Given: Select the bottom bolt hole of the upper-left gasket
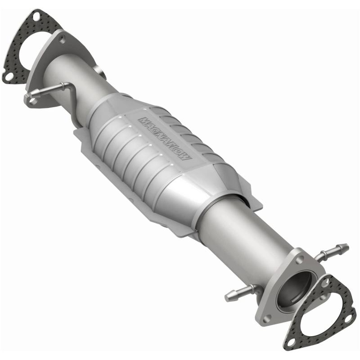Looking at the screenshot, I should tap(8, 76).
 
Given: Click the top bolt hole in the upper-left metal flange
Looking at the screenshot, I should tap(62, 39).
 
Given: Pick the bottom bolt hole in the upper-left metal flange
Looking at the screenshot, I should tap(33, 100).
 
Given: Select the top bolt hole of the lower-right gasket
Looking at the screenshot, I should tap(325, 283).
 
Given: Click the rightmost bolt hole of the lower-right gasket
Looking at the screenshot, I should tap(347, 320).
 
